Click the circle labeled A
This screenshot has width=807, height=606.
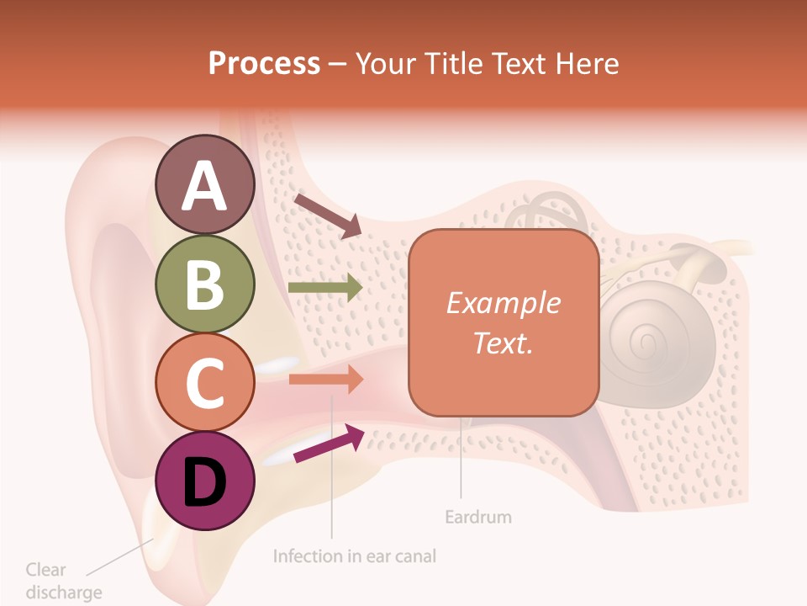pyautogui.click(x=205, y=184)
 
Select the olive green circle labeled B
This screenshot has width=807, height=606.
pyautogui.click(x=205, y=284)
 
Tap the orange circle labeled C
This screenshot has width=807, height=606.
pyautogui.click(x=205, y=382)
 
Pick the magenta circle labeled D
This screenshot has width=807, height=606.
pyautogui.click(x=205, y=481)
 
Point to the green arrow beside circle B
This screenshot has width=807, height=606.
pyautogui.click(x=325, y=288)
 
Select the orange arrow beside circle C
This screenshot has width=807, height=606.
pyautogui.click(x=325, y=380)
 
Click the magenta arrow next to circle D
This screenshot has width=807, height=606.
pyautogui.click(x=329, y=444)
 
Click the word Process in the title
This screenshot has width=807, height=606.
pyautogui.click(x=264, y=63)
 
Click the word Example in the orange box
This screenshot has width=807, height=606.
pyautogui.click(x=503, y=303)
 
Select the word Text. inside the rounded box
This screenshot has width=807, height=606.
pyautogui.click(x=503, y=343)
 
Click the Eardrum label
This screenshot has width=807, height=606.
pyautogui.click(x=477, y=516)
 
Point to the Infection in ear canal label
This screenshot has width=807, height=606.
pyautogui.click(x=355, y=556)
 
